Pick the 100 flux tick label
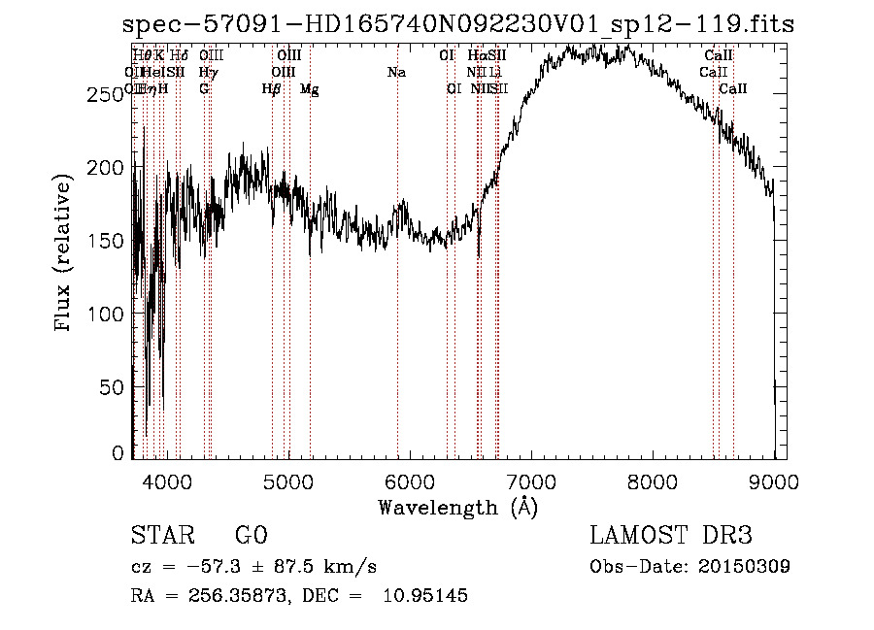107,315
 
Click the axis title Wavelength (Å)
457,507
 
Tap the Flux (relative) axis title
65,253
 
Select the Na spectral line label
396,72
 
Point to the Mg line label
309,89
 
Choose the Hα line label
476,56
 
